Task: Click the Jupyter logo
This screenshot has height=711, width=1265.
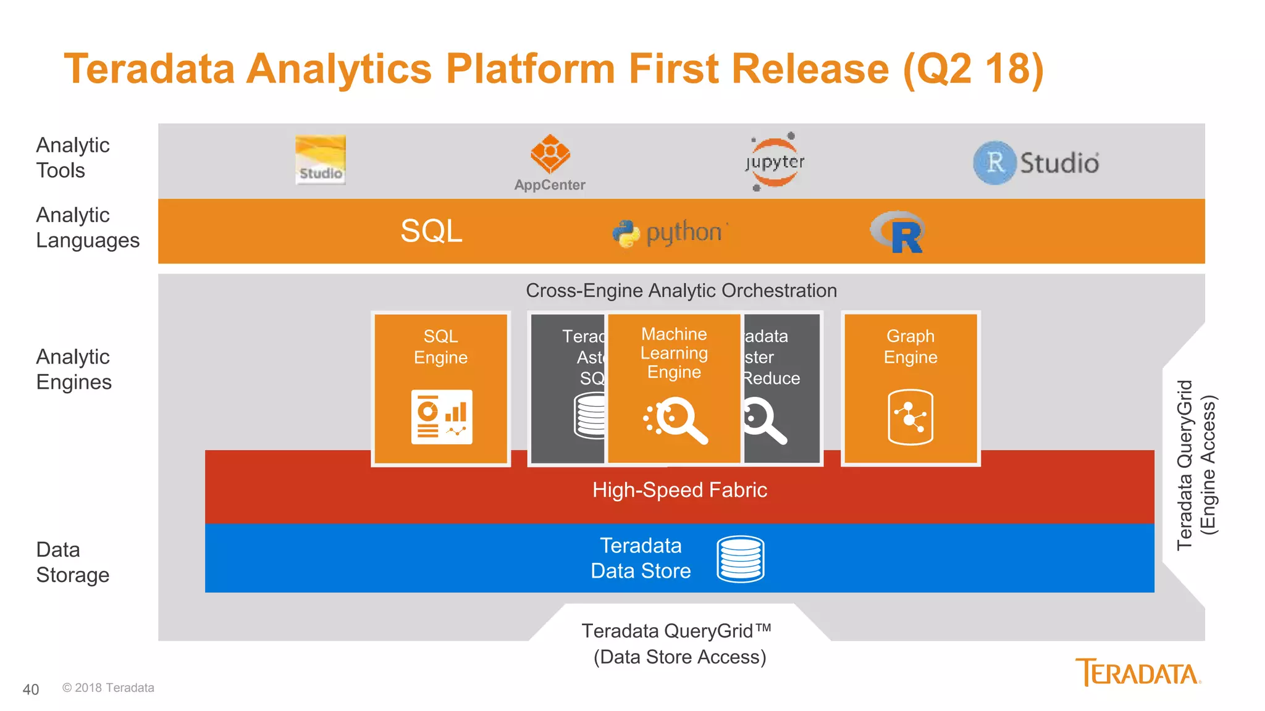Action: click(775, 162)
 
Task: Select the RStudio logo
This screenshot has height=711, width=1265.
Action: click(1036, 163)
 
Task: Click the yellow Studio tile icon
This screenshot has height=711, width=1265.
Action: click(320, 160)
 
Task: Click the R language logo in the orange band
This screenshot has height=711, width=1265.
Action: click(897, 232)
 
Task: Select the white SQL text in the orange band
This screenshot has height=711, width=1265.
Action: click(431, 231)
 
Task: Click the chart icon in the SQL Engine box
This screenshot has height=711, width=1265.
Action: click(442, 417)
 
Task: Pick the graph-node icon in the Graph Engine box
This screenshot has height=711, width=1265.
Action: click(910, 417)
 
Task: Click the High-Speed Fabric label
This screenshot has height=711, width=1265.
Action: click(679, 490)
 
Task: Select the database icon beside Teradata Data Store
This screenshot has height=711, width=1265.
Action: click(741, 559)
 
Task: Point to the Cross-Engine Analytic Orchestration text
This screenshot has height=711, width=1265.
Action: click(681, 291)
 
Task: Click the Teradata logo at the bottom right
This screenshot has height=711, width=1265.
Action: click(1138, 673)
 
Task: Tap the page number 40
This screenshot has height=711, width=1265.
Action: click(31, 689)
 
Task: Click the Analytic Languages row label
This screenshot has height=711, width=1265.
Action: click(87, 228)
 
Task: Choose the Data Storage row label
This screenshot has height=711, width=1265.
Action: click(72, 562)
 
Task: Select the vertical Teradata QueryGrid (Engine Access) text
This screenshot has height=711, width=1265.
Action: click(1196, 465)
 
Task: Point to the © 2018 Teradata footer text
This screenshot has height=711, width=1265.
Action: click(108, 688)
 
